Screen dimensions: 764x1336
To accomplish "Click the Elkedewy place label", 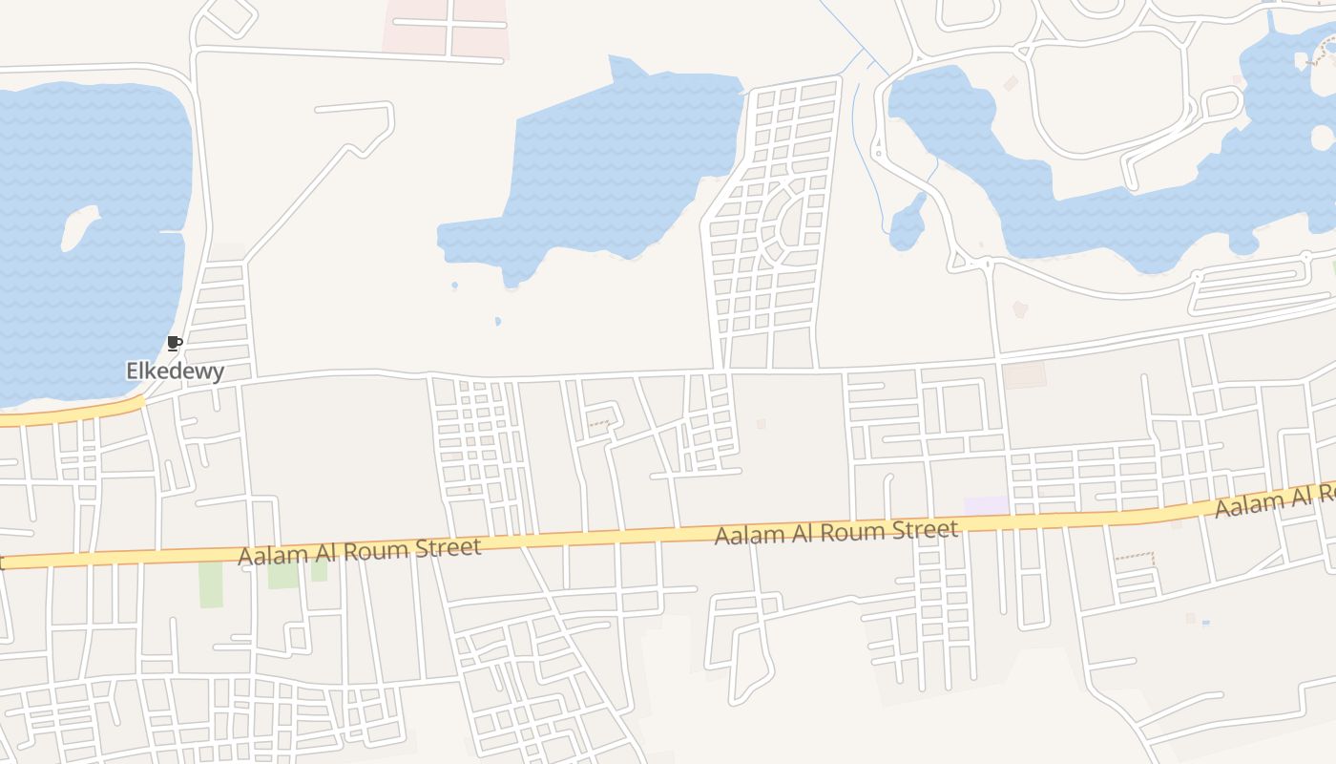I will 176,371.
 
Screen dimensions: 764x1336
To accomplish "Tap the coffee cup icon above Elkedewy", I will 174,343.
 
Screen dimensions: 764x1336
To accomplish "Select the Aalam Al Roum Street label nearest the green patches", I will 360,551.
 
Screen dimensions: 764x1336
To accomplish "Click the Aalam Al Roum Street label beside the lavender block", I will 836,532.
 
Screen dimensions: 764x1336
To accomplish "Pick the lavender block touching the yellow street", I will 986,505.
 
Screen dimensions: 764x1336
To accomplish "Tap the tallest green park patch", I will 211,584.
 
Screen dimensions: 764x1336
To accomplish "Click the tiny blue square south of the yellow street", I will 1205,623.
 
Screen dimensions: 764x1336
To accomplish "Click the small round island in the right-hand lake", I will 1323,138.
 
